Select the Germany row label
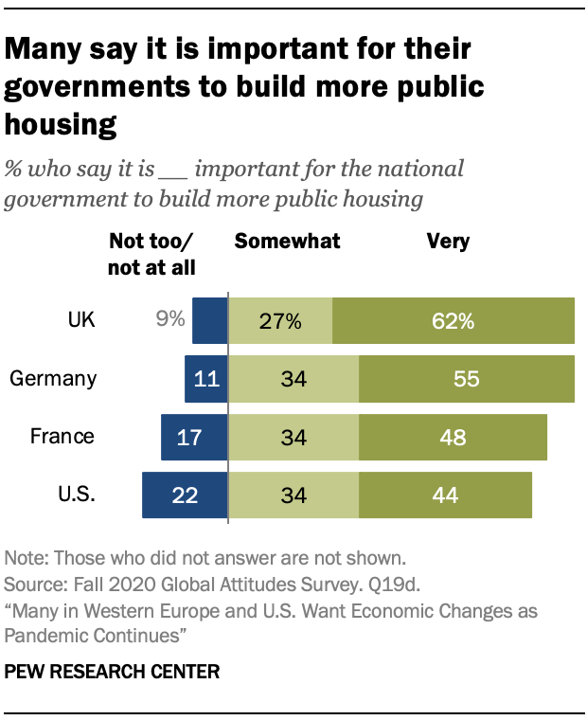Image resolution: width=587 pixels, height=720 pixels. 53,379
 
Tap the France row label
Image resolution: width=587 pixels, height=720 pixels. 62,437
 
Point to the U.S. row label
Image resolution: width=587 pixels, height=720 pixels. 77,495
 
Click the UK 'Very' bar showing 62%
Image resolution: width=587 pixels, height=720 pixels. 454,320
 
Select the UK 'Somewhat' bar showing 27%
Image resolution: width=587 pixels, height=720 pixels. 281,320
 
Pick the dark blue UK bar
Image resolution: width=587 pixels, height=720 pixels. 210,320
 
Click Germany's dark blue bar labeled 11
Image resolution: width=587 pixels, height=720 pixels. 206,379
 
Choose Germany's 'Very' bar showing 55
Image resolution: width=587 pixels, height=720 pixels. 467,379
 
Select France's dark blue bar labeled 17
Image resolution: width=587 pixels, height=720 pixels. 195,437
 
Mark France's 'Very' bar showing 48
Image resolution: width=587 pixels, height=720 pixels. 453,437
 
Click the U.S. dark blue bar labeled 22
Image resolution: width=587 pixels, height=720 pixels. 186,495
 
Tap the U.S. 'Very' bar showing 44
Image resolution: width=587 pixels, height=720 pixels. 445,495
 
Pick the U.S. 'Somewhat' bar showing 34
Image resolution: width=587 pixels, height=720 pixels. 294,495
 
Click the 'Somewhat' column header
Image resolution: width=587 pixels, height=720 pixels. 287,242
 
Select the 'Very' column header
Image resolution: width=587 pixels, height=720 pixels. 448,242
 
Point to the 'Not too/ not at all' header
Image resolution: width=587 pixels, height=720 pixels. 152,254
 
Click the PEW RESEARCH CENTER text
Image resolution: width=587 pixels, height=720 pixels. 113,672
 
